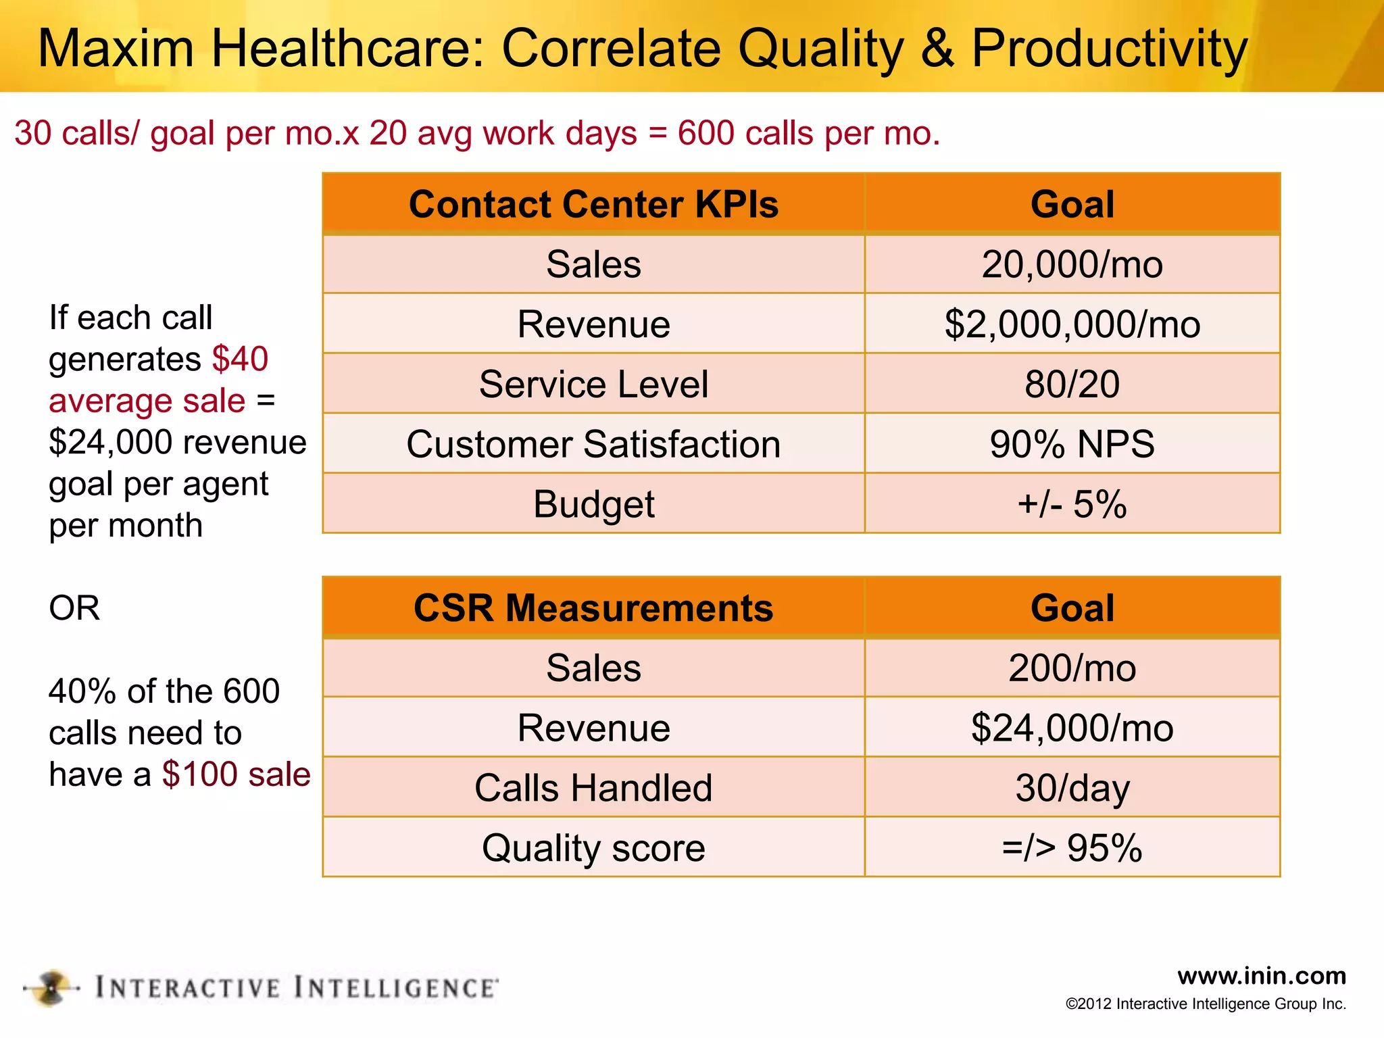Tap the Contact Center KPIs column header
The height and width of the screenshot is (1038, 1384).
click(593, 204)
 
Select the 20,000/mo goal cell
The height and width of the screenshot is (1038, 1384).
click(1072, 264)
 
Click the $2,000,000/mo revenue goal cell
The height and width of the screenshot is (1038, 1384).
click(1072, 324)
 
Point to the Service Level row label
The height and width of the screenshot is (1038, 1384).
click(593, 384)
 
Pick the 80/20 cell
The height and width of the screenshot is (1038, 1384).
click(1072, 384)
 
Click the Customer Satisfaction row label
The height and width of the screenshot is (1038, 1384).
click(593, 444)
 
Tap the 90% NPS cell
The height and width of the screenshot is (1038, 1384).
click(1072, 444)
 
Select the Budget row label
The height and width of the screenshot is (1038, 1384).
click(593, 503)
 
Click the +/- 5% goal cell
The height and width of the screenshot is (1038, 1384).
click(1072, 503)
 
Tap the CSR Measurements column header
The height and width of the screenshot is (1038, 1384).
click(593, 608)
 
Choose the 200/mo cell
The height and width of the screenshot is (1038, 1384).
click(1072, 668)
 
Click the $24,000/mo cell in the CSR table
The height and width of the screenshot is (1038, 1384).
click(1072, 728)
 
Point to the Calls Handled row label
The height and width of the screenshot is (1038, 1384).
click(593, 787)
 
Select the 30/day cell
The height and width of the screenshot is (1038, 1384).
click(1072, 787)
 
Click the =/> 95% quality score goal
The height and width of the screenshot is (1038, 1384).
click(1072, 847)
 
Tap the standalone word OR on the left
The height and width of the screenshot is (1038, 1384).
click(74, 608)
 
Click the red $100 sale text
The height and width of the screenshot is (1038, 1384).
click(236, 774)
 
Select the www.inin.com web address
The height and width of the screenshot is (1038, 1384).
click(1261, 975)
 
